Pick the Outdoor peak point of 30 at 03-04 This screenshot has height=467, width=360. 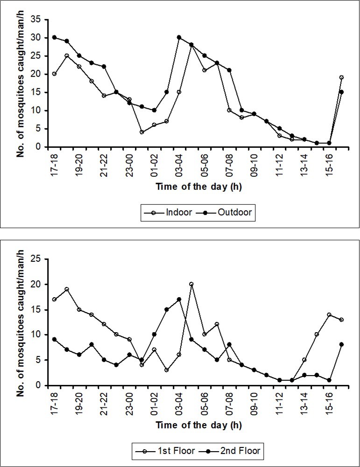click(x=179, y=37)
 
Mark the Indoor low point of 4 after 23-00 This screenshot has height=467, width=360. click(x=141, y=132)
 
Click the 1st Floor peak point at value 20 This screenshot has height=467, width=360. click(x=191, y=284)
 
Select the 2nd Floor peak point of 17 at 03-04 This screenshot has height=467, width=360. click(x=179, y=299)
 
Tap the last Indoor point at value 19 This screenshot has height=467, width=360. click(x=342, y=77)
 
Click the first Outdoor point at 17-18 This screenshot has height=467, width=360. click(x=54, y=37)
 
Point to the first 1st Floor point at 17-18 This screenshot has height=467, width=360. click(x=54, y=299)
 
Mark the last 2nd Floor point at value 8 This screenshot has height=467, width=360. click(x=342, y=345)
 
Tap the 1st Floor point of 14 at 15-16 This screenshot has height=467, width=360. click(x=329, y=314)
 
